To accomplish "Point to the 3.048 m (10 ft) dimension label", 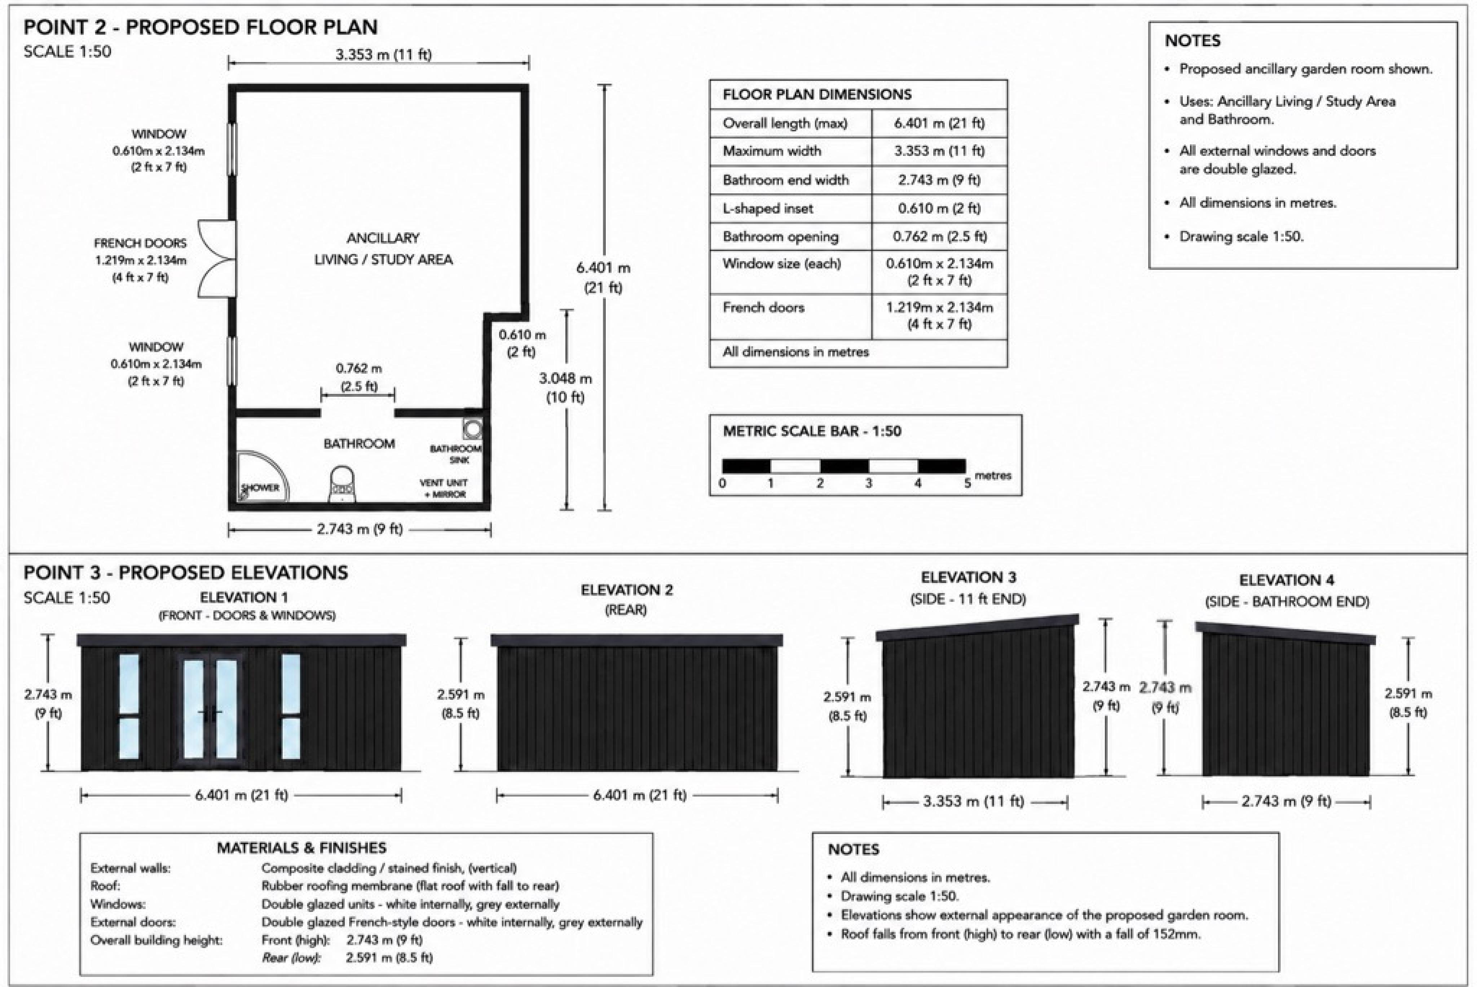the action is point(565,387).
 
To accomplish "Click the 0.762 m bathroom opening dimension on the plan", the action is point(358,376).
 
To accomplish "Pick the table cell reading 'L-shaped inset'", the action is point(767,209).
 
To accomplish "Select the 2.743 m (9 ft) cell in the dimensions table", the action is point(939,180).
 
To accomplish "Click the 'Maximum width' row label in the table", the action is point(772,151).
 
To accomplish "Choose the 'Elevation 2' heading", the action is point(626,590).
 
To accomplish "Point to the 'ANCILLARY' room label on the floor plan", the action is point(383,238).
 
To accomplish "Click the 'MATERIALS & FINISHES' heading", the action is point(302,848).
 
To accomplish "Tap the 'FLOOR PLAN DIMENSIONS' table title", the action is point(817,95).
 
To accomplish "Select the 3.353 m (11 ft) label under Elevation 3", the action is point(973,801).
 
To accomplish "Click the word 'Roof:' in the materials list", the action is point(105,886).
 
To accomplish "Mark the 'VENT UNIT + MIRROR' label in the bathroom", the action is point(444,488).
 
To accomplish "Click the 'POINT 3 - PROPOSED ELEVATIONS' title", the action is point(186,573).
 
